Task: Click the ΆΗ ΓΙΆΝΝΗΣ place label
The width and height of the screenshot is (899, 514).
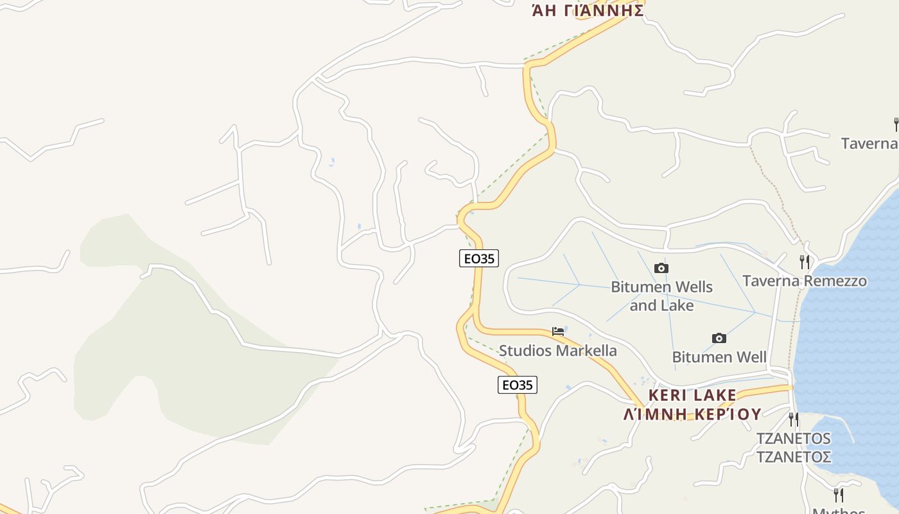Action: click(588, 10)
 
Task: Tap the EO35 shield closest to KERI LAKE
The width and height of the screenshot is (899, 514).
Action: click(518, 385)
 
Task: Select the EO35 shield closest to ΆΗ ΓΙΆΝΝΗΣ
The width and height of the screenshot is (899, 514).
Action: click(479, 258)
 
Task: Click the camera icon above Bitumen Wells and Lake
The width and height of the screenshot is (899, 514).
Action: click(661, 268)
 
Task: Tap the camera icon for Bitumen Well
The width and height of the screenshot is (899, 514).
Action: click(719, 338)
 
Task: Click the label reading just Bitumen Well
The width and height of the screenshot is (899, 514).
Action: click(719, 357)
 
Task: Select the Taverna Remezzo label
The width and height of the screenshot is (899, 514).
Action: click(805, 281)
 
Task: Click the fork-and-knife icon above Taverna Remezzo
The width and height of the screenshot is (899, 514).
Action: click(804, 261)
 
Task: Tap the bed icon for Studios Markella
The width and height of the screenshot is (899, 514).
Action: click(558, 332)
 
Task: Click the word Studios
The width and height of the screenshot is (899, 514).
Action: click(525, 351)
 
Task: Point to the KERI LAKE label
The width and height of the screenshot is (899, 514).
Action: click(692, 395)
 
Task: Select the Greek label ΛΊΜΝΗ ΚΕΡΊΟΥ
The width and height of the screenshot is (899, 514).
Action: click(692, 414)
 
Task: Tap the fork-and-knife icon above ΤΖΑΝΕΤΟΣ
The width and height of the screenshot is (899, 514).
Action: click(794, 420)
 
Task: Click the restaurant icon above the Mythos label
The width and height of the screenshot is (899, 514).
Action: click(838, 495)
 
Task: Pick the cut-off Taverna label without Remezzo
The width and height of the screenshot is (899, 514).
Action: click(869, 143)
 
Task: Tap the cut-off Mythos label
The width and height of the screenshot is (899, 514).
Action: click(839, 510)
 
